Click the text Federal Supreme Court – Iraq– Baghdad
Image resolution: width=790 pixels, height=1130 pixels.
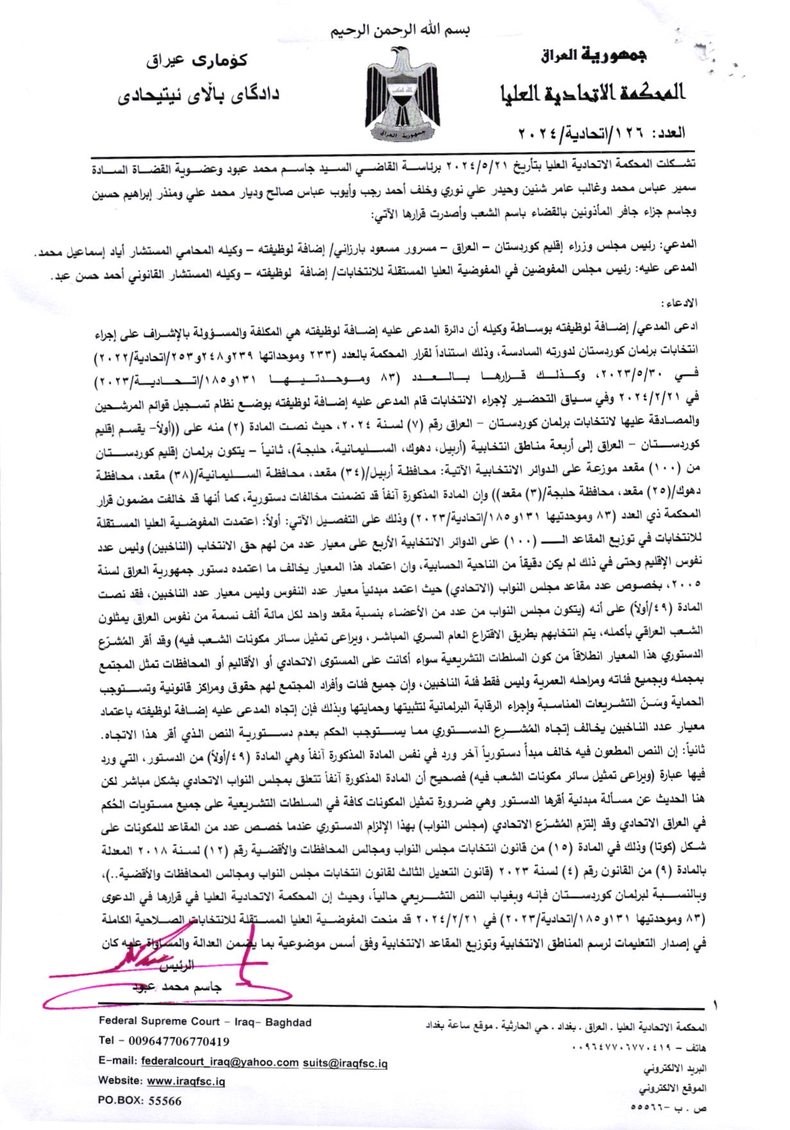click(x=205, y=1022)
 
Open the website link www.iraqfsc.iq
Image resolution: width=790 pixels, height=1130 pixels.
click(x=186, y=1081)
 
